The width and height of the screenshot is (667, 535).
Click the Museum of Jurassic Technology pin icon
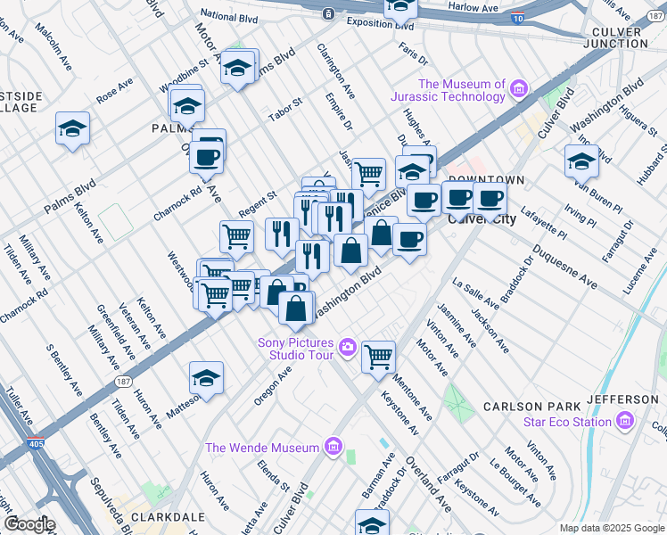[518, 88]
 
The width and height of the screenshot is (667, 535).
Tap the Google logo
[29, 524]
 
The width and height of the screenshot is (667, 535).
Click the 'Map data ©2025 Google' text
[611, 528]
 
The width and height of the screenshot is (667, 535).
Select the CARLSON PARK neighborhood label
[525, 407]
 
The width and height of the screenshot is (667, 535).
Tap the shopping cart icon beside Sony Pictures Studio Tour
[379, 357]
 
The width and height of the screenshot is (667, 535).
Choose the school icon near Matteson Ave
[206, 378]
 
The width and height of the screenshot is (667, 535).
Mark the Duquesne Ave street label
[564, 266]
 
